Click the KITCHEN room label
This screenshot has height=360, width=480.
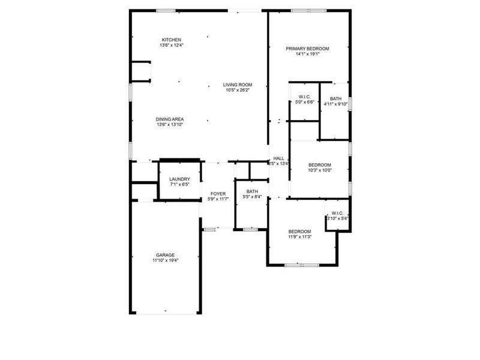[171, 40]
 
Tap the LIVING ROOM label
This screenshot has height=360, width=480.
[238, 85]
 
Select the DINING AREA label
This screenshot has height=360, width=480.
[170, 119]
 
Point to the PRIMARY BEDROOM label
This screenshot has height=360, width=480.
[307, 49]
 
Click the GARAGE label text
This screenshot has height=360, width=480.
[165, 255]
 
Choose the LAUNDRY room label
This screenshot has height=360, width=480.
[179, 179]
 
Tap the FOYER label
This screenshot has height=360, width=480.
[218, 193]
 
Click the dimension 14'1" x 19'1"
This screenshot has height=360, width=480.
[307, 54]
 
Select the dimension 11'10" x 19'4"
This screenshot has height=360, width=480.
[165, 260]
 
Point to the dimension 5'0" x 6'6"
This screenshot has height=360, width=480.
[304, 102]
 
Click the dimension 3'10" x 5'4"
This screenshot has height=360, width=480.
[337, 218]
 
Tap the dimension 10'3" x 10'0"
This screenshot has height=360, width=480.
[320, 170]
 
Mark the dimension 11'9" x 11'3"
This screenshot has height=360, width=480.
[299, 237]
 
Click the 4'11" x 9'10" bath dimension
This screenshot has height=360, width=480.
[335, 104]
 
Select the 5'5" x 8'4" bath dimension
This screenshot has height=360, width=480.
[252, 197]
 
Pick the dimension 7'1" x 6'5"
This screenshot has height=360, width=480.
[179, 184]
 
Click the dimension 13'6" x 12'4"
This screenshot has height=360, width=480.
[171, 46]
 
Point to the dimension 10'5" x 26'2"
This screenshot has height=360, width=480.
[238, 90]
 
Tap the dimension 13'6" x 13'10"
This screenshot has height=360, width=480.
[170, 124]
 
